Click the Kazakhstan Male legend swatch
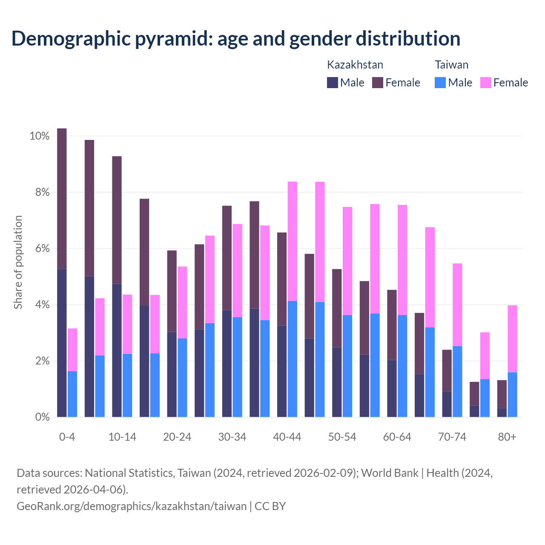332,83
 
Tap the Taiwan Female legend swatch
485,83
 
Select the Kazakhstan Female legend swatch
378,83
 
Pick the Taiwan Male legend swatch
440,83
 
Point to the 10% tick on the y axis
40,136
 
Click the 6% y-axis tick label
42,249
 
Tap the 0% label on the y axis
42,417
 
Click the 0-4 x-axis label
67,437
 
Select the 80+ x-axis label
507,437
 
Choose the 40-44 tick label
287,437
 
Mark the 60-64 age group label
397,437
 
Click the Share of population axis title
18,262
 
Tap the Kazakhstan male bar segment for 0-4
62,343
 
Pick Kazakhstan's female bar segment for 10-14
117,220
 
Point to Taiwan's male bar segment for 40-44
293,359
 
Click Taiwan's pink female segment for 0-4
72,350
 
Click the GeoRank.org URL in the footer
132,506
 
